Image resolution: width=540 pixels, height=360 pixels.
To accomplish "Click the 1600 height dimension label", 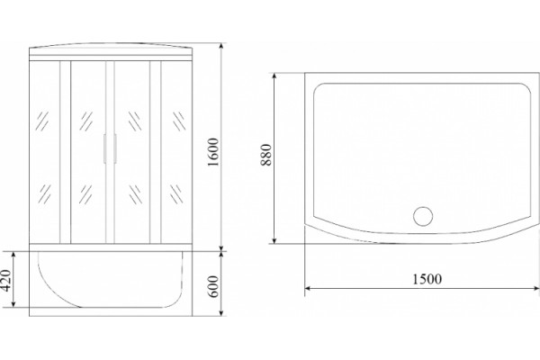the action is click(x=213, y=152).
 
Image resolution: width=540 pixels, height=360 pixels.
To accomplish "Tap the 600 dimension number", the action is click(x=213, y=286).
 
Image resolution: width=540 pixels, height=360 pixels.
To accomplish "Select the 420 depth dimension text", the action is click(x=6, y=280).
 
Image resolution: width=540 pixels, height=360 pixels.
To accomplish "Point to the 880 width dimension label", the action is click(x=266, y=155).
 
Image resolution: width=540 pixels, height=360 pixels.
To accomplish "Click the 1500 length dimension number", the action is click(x=427, y=279).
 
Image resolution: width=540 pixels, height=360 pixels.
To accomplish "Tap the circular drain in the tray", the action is click(x=423, y=216).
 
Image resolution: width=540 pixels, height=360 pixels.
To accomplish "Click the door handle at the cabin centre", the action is click(x=110, y=148).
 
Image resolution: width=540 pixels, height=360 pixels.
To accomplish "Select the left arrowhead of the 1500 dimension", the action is click(x=309, y=288).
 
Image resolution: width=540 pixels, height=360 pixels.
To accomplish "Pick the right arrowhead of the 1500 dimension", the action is click(x=535, y=288).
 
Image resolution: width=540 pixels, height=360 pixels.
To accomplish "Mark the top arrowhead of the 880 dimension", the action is click(x=274, y=76).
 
